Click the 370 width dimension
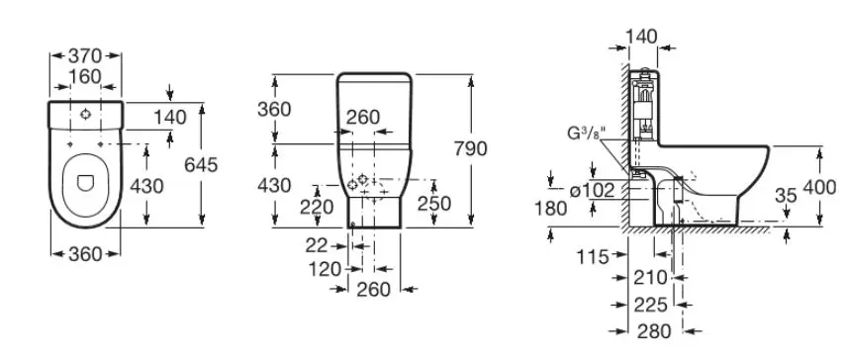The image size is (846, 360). [x=85, y=55]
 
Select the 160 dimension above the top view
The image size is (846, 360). [x=85, y=77]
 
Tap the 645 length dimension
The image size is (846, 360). [x=201, y=165]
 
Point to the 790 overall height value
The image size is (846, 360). [x=470, y=148]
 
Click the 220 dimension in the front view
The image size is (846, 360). [x=317, y=207]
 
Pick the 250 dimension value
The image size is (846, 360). [x=434, y=203]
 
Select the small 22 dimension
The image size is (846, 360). [x=317, y=245]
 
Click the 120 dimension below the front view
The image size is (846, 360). [x=326, y=268]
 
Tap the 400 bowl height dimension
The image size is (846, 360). [x=819, y=187]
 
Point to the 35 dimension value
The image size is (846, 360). [x=786, y=196]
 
